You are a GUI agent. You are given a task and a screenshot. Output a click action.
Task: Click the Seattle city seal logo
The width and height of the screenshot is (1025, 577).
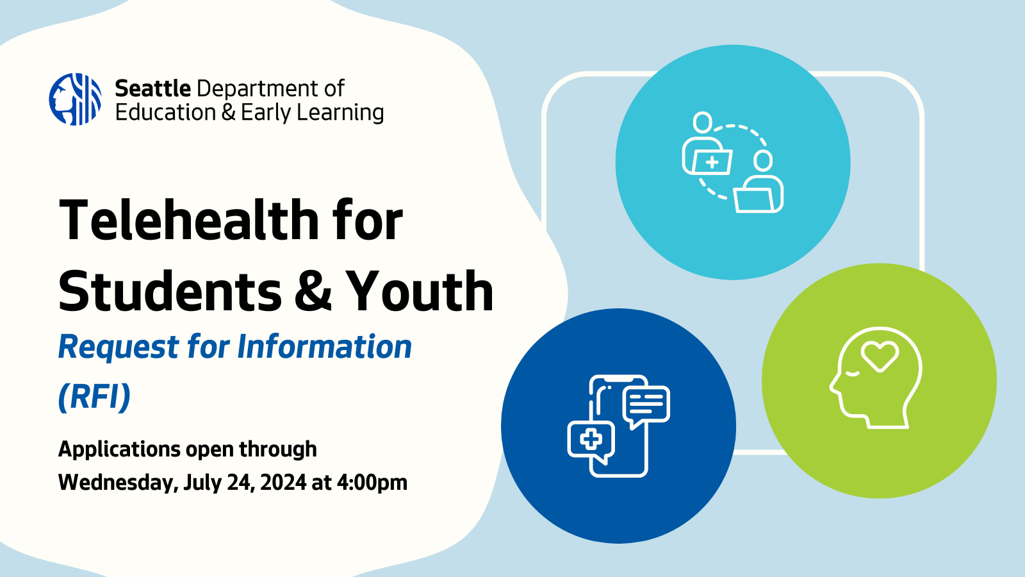tap(75, 99)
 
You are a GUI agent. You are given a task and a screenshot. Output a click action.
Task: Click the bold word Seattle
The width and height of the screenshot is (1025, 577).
tap(152, 88)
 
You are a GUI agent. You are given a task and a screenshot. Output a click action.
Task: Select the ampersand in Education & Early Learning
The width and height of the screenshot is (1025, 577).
tap(229, 113)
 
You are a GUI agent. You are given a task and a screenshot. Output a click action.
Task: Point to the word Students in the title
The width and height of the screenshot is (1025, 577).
tap(170, 291)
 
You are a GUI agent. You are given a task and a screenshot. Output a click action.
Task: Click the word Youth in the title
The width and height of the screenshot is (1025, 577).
tap(420, 291)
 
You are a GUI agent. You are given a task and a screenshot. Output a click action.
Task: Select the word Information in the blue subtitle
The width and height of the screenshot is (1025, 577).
tap(324, 347)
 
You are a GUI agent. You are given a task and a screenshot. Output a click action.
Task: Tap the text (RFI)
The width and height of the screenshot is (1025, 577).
tap(94, 396)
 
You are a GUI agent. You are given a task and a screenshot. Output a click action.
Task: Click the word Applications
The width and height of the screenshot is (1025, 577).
tap(119, 449)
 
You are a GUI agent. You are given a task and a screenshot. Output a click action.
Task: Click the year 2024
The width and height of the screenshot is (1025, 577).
tap(283, 482)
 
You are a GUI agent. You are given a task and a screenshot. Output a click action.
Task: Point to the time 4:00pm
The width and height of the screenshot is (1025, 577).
tap(372, 482)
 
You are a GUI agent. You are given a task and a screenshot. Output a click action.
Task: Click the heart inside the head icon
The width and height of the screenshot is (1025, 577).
tap(880, 355)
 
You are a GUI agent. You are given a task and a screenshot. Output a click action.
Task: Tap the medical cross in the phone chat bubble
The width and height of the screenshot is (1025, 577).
tap(591, 439)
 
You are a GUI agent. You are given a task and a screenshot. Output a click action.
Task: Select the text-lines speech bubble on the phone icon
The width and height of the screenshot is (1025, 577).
tap(646, 404)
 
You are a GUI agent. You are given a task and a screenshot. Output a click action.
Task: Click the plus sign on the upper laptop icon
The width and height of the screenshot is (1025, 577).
tap(712, 162)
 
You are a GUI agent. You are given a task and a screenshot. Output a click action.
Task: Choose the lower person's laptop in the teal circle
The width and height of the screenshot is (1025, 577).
tap(756, 199)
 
